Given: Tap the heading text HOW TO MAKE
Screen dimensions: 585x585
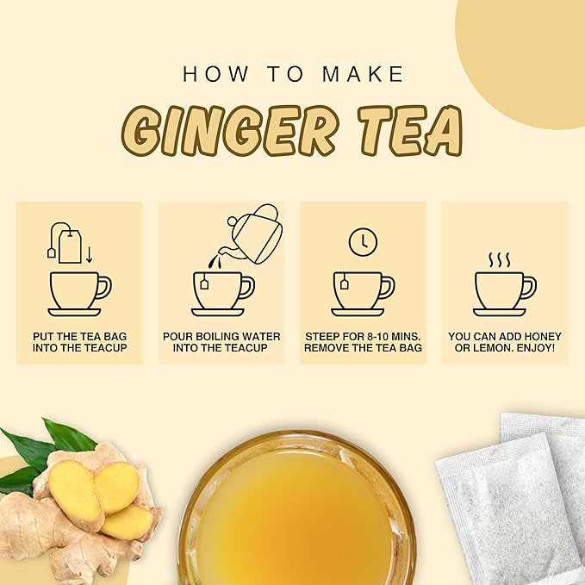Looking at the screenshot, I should coord(293,74).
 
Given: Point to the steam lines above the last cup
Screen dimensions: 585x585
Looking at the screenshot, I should coord(503,259).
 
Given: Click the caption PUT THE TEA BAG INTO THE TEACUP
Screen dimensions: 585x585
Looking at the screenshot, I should coord(79,341).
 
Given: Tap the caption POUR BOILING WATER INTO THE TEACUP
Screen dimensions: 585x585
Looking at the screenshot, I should coord(221,341).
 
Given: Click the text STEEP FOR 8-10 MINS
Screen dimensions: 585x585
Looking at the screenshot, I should coord(362,335).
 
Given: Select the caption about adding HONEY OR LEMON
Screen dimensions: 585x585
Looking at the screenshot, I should coord(504,341).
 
